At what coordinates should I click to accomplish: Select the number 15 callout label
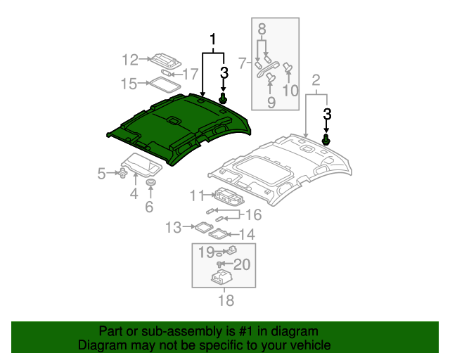[x=128, y=84]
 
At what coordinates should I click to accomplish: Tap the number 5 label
[x=102, y=173]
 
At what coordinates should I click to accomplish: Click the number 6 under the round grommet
[x=149, y=207]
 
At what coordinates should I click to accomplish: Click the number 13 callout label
[x=173, y=226]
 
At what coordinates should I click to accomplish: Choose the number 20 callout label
[x=241, y=264]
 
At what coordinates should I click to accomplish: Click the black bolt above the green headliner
[x=224, y=100]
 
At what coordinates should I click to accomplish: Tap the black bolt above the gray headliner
[x=326, y=140]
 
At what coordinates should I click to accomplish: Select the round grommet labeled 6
[x=149, y=184]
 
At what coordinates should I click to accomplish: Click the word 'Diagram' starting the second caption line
[x=98, y=346]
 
